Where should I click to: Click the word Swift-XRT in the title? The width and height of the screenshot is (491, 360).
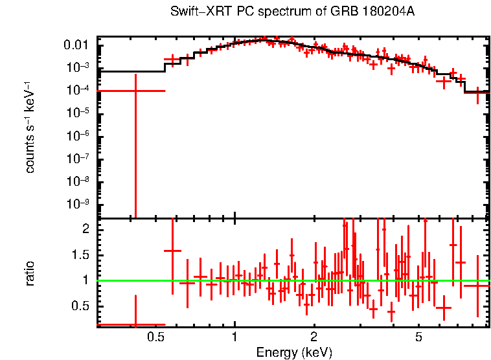[194, 12]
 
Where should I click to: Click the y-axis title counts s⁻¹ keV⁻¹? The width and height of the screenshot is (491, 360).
[30, 127]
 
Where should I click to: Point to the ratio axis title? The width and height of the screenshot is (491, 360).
[30, 273]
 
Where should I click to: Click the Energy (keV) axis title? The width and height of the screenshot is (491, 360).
[294, 353]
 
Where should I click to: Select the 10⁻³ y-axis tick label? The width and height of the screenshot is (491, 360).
[78, 68]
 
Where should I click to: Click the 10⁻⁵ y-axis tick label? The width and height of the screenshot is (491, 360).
[78, 113]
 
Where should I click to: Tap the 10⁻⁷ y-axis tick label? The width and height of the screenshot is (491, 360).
[78, 159]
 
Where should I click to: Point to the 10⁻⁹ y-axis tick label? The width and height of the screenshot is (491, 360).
[78, 204]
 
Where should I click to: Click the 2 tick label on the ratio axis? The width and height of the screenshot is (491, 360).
[84, 229]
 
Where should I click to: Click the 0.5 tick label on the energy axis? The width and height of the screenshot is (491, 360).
[155, 337]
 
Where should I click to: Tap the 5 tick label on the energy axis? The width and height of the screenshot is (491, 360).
[418, 337]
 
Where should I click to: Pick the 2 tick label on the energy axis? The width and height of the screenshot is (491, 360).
[314, 337]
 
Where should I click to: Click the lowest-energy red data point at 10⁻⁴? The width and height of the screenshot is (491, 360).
[135, 91]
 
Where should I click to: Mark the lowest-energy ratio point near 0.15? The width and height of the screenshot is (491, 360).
[135, 324]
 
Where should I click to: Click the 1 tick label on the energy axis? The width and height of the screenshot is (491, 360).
[234, 337]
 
